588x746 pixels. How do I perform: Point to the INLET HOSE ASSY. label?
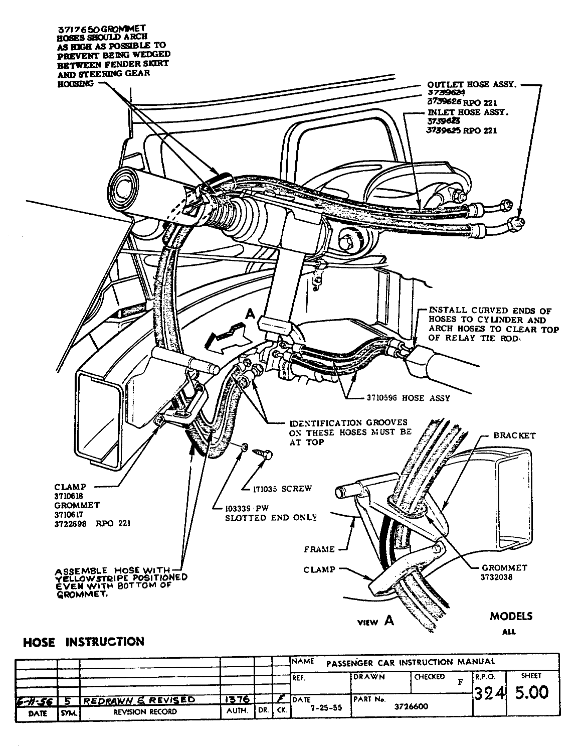467,112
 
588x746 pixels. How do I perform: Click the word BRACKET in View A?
514,435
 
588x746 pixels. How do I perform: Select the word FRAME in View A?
319,549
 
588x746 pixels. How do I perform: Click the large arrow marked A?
230,337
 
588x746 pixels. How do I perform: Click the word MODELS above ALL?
511,616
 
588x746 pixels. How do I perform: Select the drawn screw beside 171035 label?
263,453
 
